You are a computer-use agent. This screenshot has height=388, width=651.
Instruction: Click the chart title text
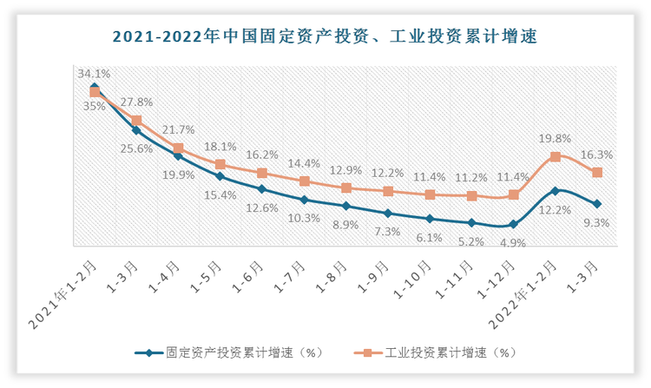click(325, 36)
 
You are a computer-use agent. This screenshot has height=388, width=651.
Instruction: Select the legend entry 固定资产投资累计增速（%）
click(229, 352)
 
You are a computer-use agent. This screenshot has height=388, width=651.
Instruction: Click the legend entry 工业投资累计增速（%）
click(438, 352)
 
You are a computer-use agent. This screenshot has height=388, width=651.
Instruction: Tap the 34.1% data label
click(94, 74)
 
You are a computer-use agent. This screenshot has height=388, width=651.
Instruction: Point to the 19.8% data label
click(556, 138)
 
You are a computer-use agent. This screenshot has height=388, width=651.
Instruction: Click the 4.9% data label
click(513, 243)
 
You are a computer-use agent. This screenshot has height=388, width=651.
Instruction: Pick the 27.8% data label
click(137, 102)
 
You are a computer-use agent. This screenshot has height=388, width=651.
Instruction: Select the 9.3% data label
click(597, 222)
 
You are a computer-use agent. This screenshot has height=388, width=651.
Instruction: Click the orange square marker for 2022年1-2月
click(556, 157)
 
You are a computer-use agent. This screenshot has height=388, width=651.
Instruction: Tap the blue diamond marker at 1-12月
click(514, 224)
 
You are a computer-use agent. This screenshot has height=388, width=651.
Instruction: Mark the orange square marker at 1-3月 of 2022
click(597, 173)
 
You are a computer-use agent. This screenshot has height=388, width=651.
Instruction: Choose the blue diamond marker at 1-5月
click(220, 176)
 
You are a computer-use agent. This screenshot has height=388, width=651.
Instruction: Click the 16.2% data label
click(262, 155)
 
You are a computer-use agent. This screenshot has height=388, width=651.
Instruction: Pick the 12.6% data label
click(262, 207)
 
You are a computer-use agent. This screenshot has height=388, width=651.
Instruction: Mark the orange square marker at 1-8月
click(345, 187)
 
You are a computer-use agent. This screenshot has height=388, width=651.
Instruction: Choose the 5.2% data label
click(471, 241)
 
